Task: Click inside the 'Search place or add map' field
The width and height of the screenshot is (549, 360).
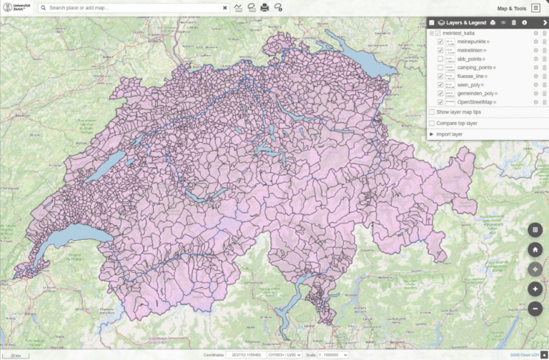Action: [x=132, y=9]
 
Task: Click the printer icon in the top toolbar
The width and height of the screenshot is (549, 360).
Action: [x=264, y=8]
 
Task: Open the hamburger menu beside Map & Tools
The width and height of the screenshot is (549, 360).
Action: [x=535, y=8]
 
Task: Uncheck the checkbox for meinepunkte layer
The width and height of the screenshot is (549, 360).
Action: [x=440, y=42]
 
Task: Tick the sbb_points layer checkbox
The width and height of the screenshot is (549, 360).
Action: [x=440, y=59]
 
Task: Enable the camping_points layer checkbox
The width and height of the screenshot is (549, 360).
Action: [x=440, y=68]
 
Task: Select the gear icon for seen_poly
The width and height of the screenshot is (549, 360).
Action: [x=535, y=85]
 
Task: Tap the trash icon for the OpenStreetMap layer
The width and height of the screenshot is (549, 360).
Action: [x=544, y=102]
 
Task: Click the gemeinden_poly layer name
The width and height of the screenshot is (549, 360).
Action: [x=475, y=94]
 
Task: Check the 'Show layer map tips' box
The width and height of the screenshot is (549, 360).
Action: [x=431, y=112]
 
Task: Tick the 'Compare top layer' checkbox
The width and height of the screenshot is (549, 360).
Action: [x=431, y=123]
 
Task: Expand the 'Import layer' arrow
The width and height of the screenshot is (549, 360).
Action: [x=431, y=134]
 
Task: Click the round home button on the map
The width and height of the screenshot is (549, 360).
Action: [x=535, y=250]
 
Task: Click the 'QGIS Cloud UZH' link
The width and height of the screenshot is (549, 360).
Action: [x=524, y=354]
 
